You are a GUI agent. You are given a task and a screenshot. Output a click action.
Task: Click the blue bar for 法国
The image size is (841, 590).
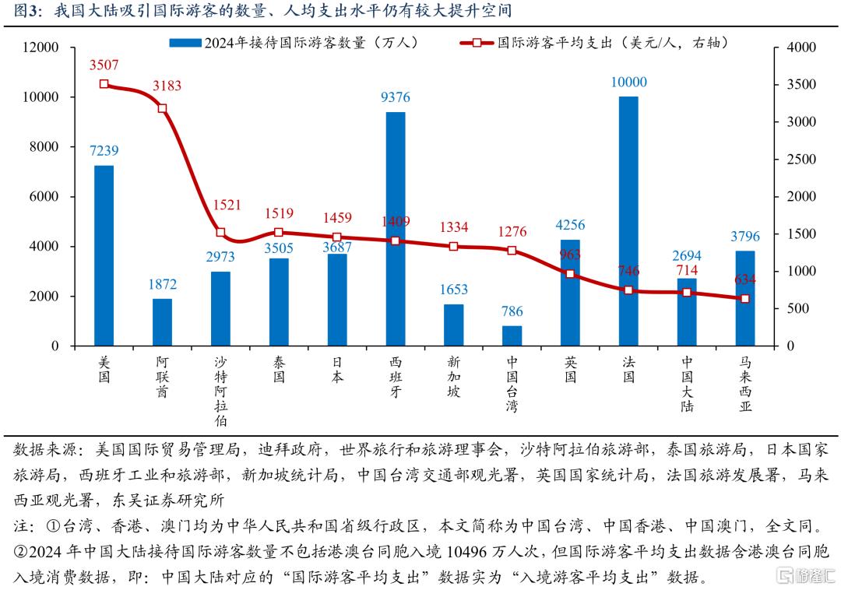point(628,221)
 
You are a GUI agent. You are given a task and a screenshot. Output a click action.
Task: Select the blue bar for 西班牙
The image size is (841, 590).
point(396,229)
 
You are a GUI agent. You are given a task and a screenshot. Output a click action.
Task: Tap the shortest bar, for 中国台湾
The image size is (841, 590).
point(512,335)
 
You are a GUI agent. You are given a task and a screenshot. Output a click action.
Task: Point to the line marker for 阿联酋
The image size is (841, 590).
point(162,108)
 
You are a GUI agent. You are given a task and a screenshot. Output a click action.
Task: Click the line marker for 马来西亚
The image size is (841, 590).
point(744,299)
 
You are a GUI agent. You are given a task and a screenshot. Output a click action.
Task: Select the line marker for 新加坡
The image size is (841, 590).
point(453,247)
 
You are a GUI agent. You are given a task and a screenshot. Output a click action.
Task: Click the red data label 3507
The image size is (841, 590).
point(104,65)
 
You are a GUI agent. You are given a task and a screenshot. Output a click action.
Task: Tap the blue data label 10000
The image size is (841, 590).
point(628,83)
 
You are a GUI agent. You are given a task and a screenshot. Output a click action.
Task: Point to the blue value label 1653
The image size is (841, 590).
point(453,290)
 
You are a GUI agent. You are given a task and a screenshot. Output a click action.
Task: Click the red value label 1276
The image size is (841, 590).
point(512,231)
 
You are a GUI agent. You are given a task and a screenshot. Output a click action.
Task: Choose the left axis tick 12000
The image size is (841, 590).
point(41,47)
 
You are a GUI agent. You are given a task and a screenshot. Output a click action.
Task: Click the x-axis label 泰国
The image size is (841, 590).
point(279,370)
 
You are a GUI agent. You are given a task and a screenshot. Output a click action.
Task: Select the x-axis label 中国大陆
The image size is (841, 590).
point(687,384)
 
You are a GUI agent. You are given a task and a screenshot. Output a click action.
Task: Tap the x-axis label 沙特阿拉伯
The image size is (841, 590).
point(220,392)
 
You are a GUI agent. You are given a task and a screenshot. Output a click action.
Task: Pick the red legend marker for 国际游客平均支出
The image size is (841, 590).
point(477,43)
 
